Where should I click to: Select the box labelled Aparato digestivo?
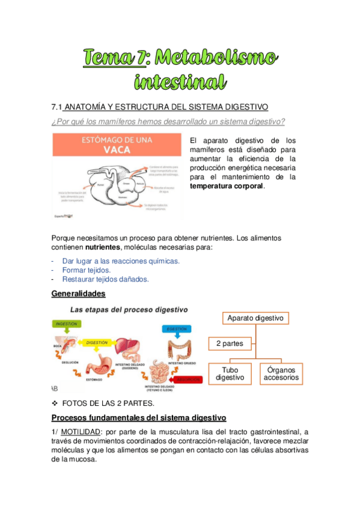point(256,318)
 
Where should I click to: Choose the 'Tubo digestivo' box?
point(230,373)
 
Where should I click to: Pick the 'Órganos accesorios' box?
point(281,373)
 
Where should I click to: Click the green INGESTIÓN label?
point(67,324)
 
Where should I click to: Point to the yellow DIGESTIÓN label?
point(97,342)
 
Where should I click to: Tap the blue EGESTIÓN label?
point(176,328)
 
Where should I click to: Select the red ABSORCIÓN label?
point(188,379)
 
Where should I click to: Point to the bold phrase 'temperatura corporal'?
point(226,186)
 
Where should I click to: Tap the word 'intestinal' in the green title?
point(180,81)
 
